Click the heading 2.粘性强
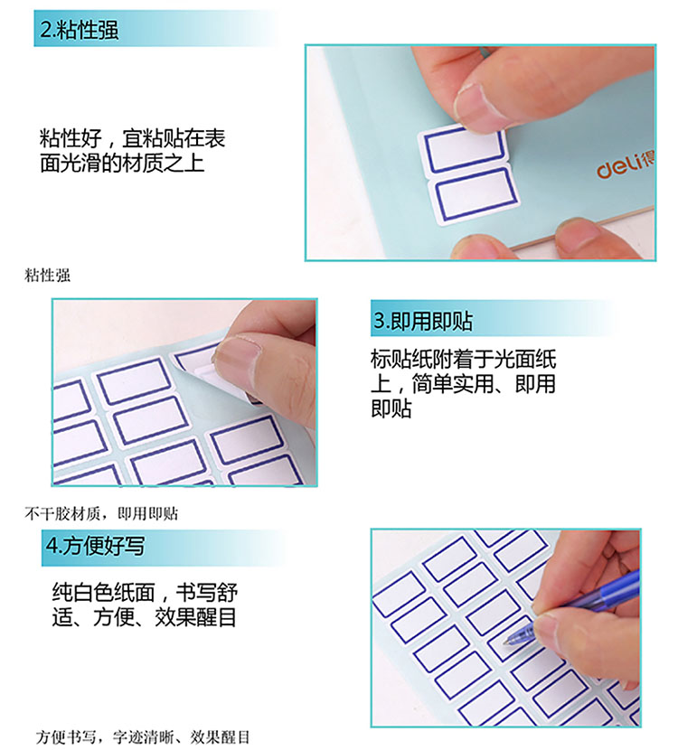click(x=79, y=30)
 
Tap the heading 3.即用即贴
click(x=422, y=321)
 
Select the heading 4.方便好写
click(x=95, y=546)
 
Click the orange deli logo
click(x=626, y=165)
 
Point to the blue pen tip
click(x=505, y=642)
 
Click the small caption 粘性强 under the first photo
click(x=47, y=276)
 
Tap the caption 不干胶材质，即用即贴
click(x=101, y=514)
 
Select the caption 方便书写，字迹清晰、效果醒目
click(x=143, y=736)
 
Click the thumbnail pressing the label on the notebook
click(x=480, y=153)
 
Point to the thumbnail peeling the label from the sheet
click(x=184, y=392)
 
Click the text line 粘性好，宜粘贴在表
click(x=133, y=138)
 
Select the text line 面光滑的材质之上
click(x=122, y=163)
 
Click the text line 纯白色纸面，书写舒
click(x=145, y=592)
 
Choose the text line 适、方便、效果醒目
click(x=145, y=616)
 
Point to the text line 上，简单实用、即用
click(x=463, y=384)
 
